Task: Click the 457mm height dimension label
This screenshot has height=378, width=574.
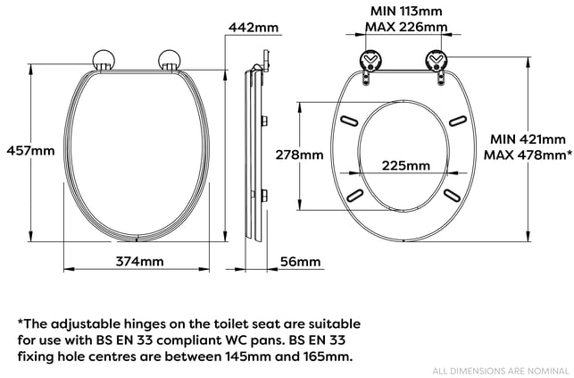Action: [x=30, y=150]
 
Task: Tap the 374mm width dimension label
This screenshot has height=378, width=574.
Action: [x=139, y=261]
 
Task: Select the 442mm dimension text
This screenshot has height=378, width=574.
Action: [x=254, y=27]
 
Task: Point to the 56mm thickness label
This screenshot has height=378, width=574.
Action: [x=300, y=262]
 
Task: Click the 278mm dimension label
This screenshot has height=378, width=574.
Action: [x=299, y=155]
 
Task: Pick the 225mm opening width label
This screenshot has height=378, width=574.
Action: [x=406, y=165]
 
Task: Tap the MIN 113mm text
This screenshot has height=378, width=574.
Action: [x=406, y=11]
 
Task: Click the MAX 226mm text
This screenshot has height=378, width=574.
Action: [x=406, y=27]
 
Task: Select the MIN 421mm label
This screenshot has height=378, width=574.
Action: [x=528, y=139]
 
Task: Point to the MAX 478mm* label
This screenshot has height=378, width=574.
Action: [x=528, y=155]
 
